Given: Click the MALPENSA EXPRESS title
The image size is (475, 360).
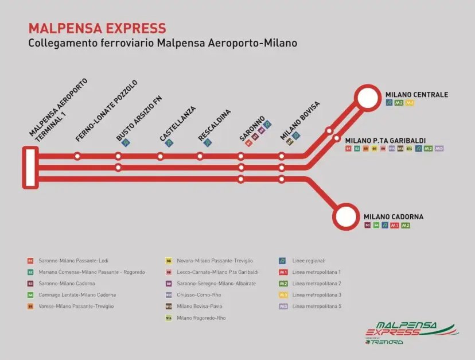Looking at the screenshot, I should (97, 28).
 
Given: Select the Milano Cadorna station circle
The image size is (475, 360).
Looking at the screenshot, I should (345, 217).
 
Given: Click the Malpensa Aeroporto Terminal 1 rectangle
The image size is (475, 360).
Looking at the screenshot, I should (30, 167).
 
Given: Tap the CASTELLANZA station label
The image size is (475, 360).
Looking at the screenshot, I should (178, 124).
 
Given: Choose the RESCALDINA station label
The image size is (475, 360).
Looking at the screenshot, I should (215, 125).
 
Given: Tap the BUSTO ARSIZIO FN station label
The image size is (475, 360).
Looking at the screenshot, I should (139, 118).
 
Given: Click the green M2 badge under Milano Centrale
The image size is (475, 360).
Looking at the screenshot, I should (399, 103).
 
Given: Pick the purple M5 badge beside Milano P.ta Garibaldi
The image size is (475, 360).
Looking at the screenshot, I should (439, 149).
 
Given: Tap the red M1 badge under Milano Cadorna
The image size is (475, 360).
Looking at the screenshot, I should (394, 226).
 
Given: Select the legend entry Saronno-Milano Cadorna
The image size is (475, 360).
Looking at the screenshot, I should (67, 283).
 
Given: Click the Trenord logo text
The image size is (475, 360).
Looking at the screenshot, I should (388, 342).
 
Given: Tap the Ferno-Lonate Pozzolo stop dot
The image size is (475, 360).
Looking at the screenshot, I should (77, 156).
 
